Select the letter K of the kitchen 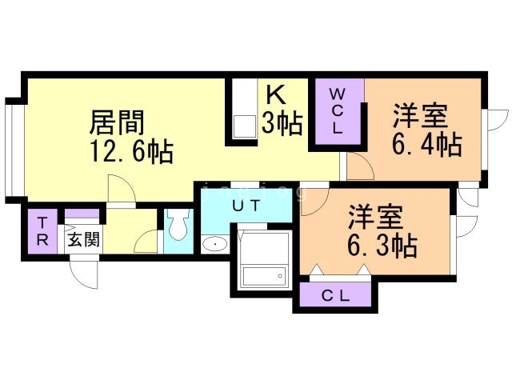[x=275, y=95]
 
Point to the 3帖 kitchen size [x=282, y=124]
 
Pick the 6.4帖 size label [x=426, y=145]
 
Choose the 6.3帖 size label [x=382, y=246]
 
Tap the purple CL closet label [x=336, y=296]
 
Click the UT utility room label [x=245, y=206]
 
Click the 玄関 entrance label [x=82, y=239]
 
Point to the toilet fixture [x=177, y=226]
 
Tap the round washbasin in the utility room [x=213, y=244]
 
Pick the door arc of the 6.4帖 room [x=357, y=166]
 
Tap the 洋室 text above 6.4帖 [x=418, y=117]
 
